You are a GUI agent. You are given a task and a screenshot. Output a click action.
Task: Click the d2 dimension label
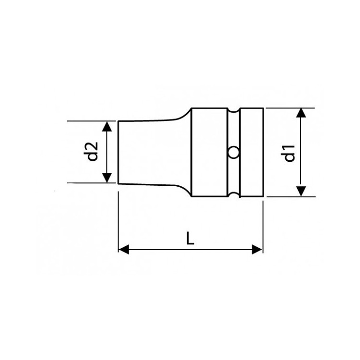[x=91, y=152]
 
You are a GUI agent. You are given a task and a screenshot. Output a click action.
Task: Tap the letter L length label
[x=190, y=238]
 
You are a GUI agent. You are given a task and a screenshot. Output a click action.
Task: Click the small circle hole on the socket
[x=233, y=153]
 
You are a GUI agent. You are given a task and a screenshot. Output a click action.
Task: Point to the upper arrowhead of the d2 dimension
[x=107, y=127]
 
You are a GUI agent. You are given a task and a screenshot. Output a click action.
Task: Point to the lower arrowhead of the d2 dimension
[x=107, y=178]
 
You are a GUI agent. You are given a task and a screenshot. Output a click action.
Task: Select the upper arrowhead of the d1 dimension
[x=301, y=113]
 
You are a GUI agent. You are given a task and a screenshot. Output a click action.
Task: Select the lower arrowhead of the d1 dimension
[x=301, y=192]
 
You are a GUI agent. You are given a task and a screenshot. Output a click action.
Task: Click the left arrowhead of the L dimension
[x=123, y=249]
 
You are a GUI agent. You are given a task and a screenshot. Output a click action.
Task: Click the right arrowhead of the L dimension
[x=257, y=249]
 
